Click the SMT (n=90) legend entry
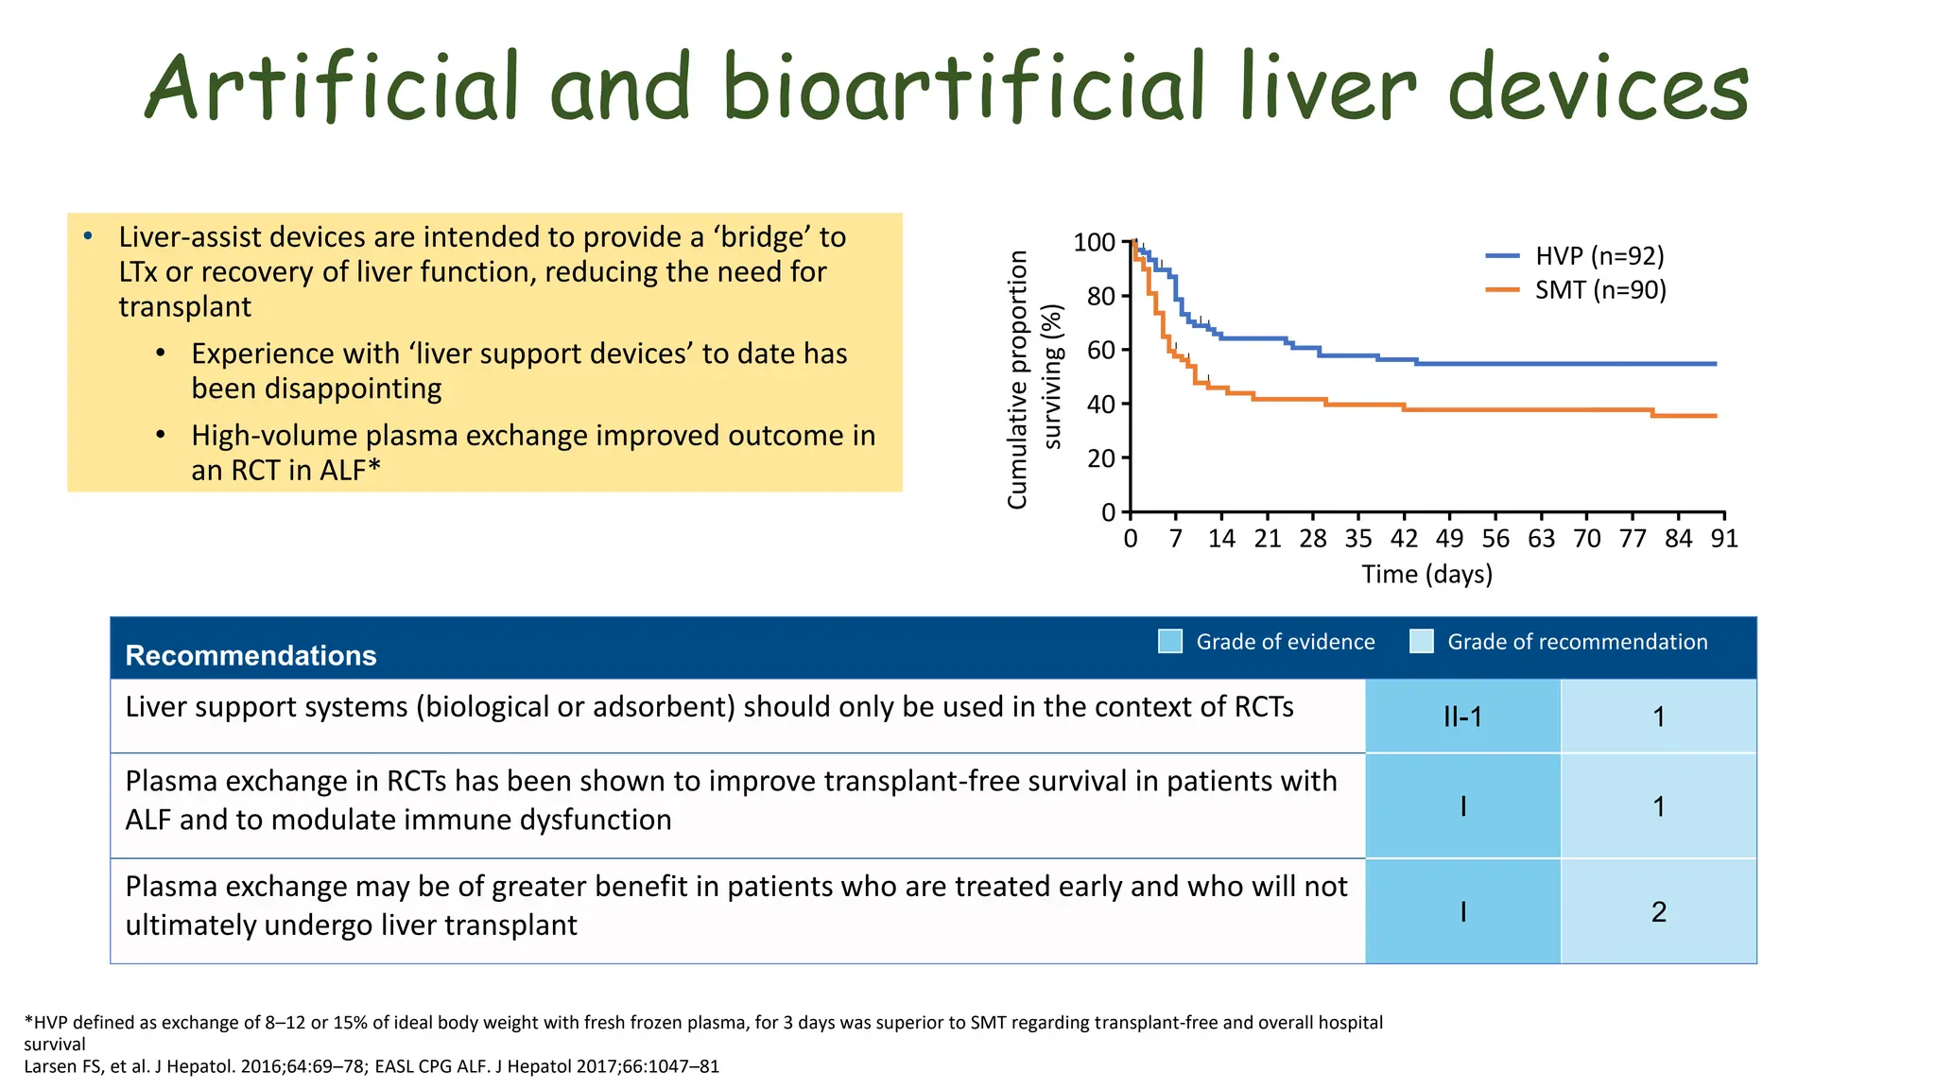tap(1599, 290)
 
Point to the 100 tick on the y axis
tap(1095, 243)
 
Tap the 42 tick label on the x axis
tap(1404, 539)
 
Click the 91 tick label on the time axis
tap(1724, 539)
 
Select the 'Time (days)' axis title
tap(1426, 574)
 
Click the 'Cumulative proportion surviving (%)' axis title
tap(1034, 379)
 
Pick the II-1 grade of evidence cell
tap(1462, 717)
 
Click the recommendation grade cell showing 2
tap(1658, 911)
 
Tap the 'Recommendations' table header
tap(251, 655)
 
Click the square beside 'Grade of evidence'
tap(1170, 641)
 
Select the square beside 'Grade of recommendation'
tap(1421, 641)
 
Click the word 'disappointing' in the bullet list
tap(317, 389)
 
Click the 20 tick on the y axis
tap(1101, 458)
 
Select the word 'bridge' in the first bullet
tap(767, 237)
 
